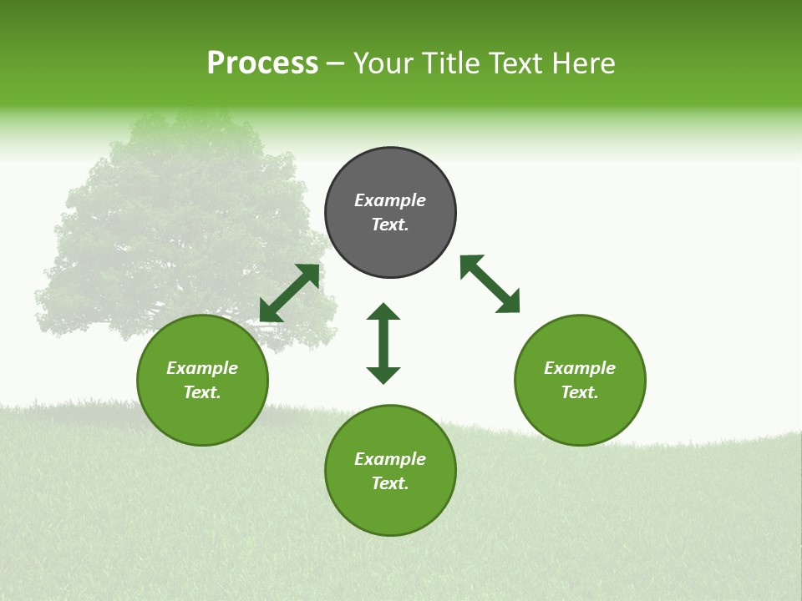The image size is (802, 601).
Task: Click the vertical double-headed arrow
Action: [383, 343]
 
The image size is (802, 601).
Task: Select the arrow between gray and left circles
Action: [290, 293]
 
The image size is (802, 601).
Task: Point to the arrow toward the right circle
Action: [490, 284]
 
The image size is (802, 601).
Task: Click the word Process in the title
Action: [262, 63]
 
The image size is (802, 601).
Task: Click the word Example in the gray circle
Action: [390, 200]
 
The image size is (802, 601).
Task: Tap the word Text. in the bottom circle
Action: [390, 483]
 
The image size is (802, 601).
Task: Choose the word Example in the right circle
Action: [580, 368]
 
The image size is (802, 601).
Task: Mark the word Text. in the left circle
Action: [202, 392]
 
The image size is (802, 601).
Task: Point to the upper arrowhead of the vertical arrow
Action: [383, 311]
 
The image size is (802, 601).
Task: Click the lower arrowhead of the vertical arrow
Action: [383, 375]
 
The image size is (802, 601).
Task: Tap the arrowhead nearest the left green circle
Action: [269, 312]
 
